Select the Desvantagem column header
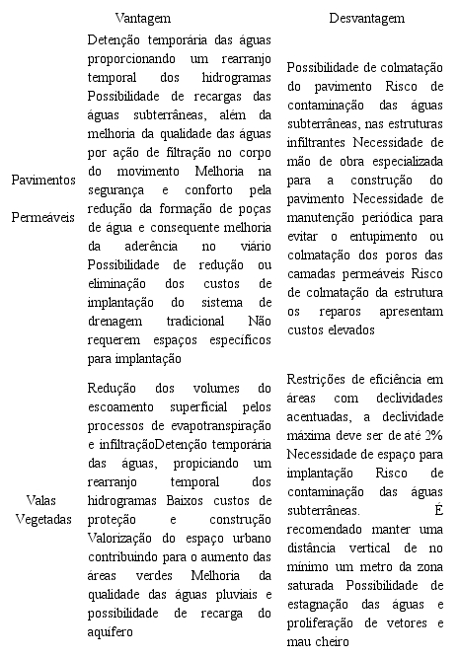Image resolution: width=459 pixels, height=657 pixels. pos(366,19)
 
